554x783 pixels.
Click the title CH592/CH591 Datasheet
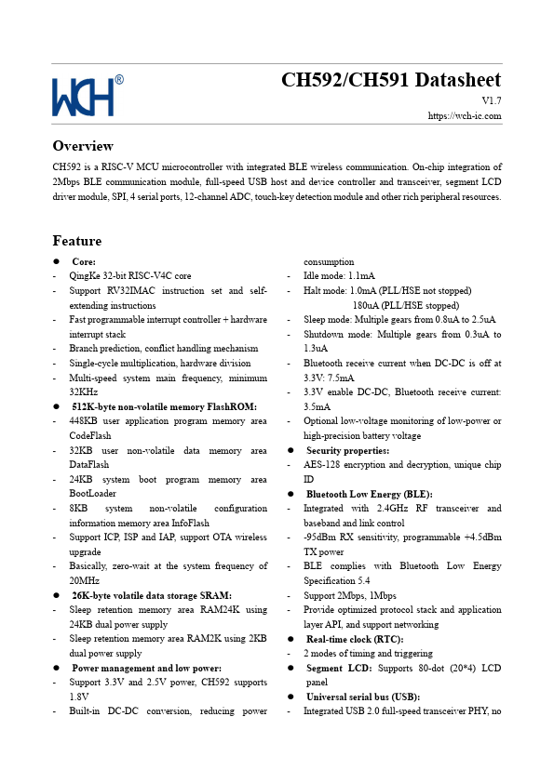[x=391, y=80]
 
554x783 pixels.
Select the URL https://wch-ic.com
[x=465, y=116]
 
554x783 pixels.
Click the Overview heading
[x=83, y=146]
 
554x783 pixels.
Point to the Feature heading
[x=77, y=241]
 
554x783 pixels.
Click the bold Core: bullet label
[x=84, y=261]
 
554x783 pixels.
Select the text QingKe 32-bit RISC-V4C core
[x=129, y=276]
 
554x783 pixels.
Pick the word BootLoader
[x=93, y=494]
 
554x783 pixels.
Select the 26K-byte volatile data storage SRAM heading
[x=152, y=595]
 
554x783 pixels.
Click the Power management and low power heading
[x=146, y=668]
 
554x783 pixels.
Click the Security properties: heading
[x=347, y=450]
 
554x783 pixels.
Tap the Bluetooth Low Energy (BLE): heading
[x=369, y=494]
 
